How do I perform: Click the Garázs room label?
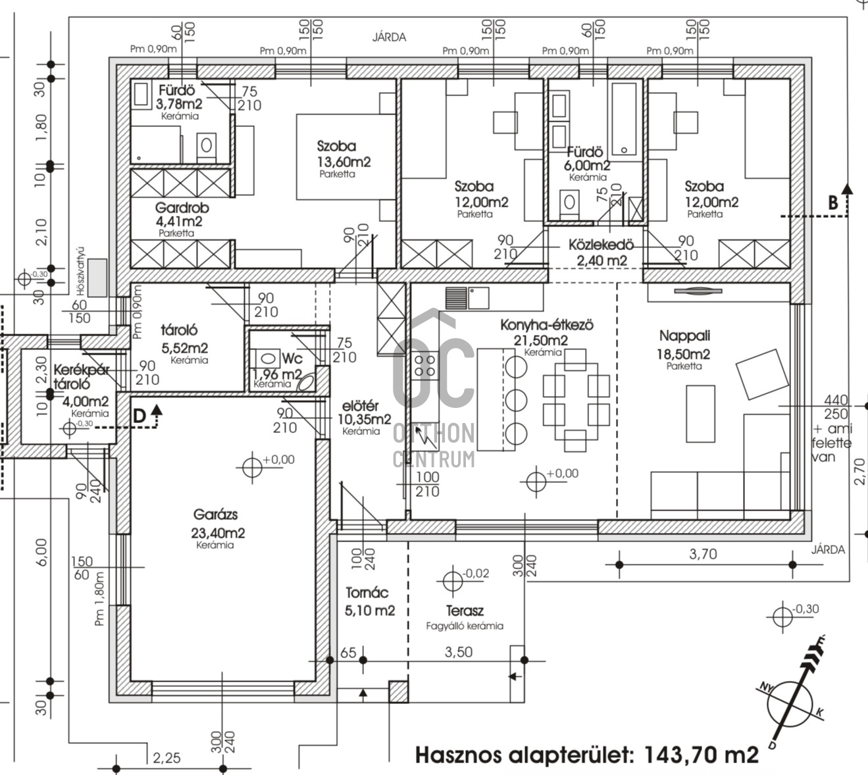click(x=216, y=514)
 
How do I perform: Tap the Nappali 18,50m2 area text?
click(x=683, y=354)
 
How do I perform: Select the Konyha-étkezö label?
click(x=547, y=325)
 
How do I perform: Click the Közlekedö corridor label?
click(x=601, y=245)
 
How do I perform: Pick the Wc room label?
click(x=292, y=358)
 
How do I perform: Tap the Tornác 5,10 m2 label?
click(x=370, y=602)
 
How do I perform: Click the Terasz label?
click(x=465, y=611)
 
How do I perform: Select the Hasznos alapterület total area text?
click(x=586, y=754)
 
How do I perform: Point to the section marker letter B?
click(x=833, y=203)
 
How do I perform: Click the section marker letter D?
click(x=139, y=416)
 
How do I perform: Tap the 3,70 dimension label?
click(x=703, y=554)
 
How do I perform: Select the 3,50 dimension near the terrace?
click(x=459, y=652)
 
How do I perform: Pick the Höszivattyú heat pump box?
click(x=98, y=277)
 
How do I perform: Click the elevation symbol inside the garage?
click(x=252, y=467)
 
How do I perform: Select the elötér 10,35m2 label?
click(x=364, y=418)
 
